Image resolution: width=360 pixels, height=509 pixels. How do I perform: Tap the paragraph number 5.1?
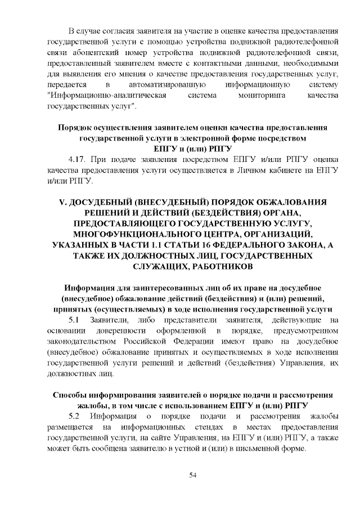(x=75, y=320)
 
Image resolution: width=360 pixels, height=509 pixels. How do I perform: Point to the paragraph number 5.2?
(x=75, y=416)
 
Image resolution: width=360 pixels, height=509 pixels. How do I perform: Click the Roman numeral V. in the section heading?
(x=63, y=201)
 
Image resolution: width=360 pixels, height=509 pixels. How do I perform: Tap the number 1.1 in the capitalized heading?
(x=158, y=244)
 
